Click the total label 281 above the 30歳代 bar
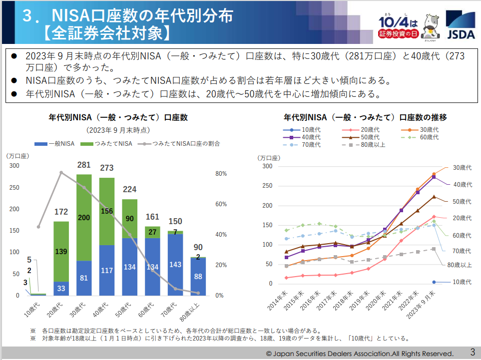click(x=83, y=165)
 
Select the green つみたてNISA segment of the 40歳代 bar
click(x=107, y=211)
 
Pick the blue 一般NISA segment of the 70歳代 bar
click(x=175, y=265)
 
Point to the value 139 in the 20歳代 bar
click(x=61, y=252)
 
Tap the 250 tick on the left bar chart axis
click(x=14, y=187)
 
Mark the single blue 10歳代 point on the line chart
click(x=434, y=282)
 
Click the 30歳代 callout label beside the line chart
click(x=462, y=167)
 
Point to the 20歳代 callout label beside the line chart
click(x=462, y=218)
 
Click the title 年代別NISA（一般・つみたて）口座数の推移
click(x=365, y=118)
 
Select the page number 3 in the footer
click(x=472, y=352)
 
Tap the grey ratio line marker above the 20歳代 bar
click(x=61, y=173)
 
